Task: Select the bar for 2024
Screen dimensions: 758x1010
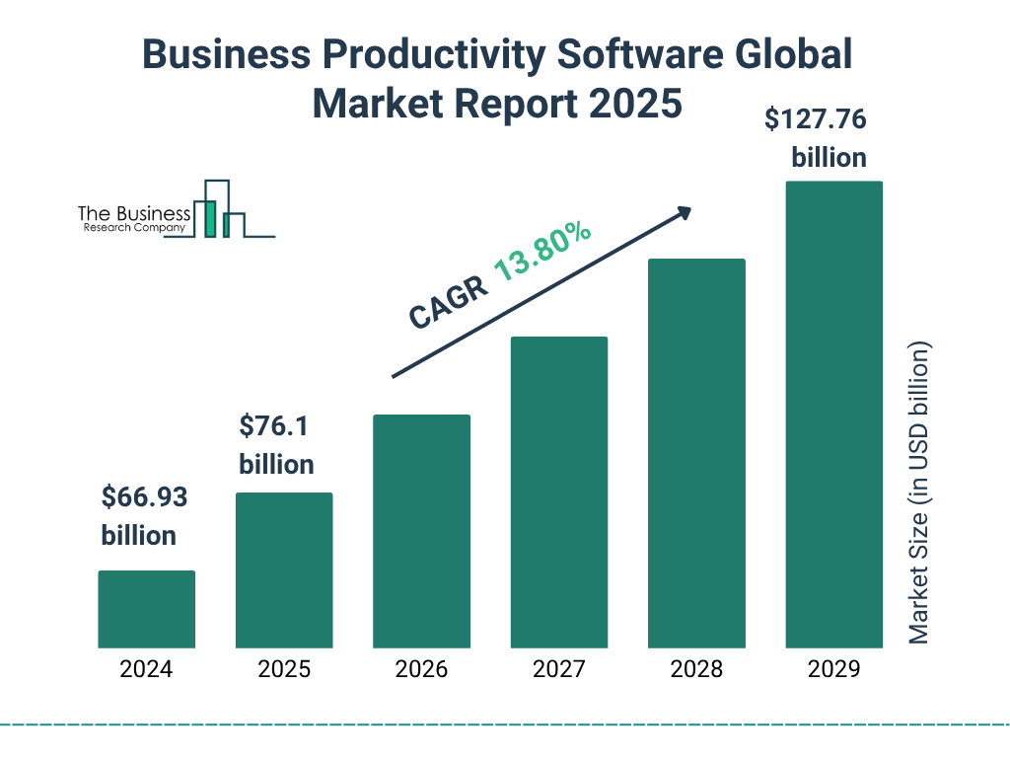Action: click(x=146, y=609)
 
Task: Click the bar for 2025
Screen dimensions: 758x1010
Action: click(x=284, y=570)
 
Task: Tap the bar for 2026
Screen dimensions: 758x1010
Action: click(x=421, y=531)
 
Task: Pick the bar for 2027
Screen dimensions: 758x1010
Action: click(x=558, y=493)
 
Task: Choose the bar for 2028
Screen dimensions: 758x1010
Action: click(x=696, y=453)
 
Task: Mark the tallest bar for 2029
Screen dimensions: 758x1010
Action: click(x=833, y=415)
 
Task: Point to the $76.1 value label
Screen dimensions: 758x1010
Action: click(x=274, y=427)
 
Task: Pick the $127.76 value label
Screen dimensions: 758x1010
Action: click(x=816, y=120)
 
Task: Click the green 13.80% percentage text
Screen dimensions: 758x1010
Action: click(x=542, y=253)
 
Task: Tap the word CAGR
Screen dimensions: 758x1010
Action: click(x=448, y=301)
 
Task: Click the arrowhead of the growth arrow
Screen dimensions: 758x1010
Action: click(x=684, y=212)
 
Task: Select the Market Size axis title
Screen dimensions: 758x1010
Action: click(x=919, y=493)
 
